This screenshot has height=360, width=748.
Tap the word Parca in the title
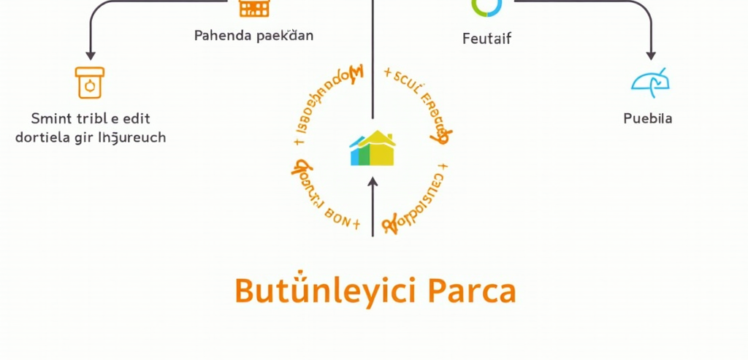click(471, 291)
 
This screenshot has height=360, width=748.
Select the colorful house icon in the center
click(373, 148)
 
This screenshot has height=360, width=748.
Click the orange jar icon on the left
click(90, 83)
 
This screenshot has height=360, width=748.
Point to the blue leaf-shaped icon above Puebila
click(649, 83)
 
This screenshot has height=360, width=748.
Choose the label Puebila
click(648, 118)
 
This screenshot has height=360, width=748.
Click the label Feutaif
click(487, 39)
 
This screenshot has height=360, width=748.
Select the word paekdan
click(286, 35)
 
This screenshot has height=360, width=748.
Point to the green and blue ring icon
click(487, 6)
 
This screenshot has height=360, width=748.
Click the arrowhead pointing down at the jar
click(91, 55)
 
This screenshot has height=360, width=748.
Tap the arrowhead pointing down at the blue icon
click(651, 55)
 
